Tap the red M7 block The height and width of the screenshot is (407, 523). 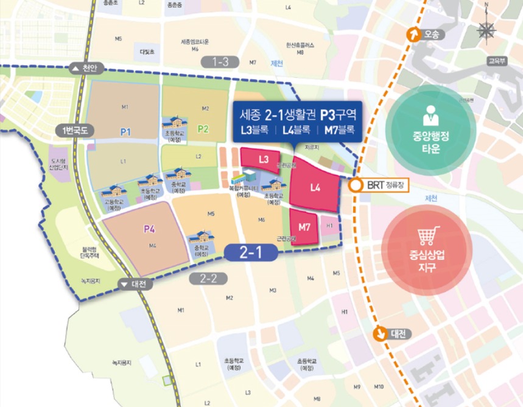304,227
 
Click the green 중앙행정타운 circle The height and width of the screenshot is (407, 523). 430,126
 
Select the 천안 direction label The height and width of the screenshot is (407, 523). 88,69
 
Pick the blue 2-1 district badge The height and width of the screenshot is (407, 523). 251,252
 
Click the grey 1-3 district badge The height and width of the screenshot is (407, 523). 220,61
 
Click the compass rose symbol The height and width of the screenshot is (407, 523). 486,30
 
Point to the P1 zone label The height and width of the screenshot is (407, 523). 125,131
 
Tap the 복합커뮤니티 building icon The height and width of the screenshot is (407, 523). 239,179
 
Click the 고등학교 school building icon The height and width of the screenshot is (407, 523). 114,193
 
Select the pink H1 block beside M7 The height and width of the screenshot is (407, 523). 329,226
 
